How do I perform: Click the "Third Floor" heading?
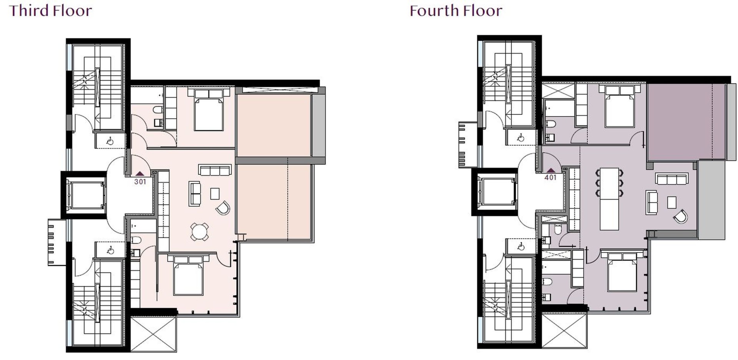[x=50, y=10]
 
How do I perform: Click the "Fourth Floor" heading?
[x=456, y=10]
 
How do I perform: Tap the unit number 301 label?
[x=140, y=182]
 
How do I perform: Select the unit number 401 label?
[x=550, y=178]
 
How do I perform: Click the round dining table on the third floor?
[x=200, y=232]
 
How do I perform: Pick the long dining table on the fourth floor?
[x=609, y=199]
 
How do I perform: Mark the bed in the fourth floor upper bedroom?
[x=619, y=106]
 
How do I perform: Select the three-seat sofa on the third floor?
[x=215, y=170]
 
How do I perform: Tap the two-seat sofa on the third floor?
[x=194, y=193]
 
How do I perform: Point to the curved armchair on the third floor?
[x=223, y=208]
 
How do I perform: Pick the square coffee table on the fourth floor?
[x=672, y=202]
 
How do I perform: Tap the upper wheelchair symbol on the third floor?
[x=110, y=141]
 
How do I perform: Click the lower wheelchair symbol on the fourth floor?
[x=521, y=246]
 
